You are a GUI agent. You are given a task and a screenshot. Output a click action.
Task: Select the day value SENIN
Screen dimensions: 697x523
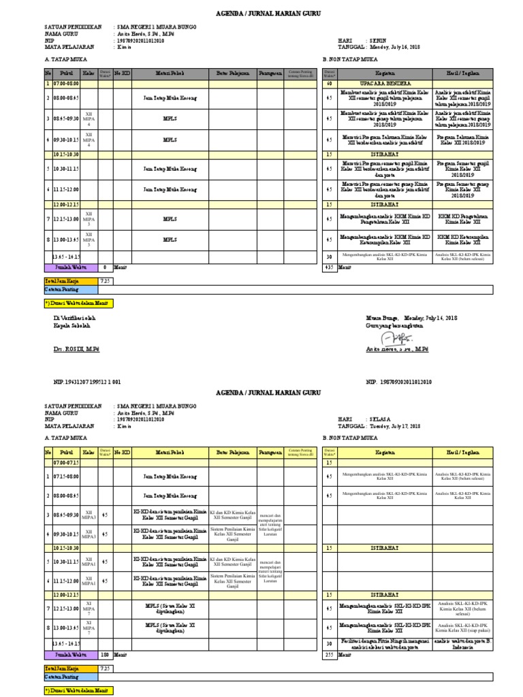click(379, 41)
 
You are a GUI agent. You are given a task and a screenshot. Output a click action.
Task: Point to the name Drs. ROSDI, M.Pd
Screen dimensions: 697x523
click(76, 348)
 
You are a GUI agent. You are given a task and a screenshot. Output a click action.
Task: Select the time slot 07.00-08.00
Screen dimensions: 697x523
click(66, 84)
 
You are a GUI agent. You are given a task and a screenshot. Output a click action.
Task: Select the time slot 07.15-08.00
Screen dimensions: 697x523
click(66, 478)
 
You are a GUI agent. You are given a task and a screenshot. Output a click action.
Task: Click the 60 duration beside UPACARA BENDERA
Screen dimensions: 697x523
click(329, 84)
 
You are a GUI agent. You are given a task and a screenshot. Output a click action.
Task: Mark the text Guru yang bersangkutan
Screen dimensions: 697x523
click(394, 325)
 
